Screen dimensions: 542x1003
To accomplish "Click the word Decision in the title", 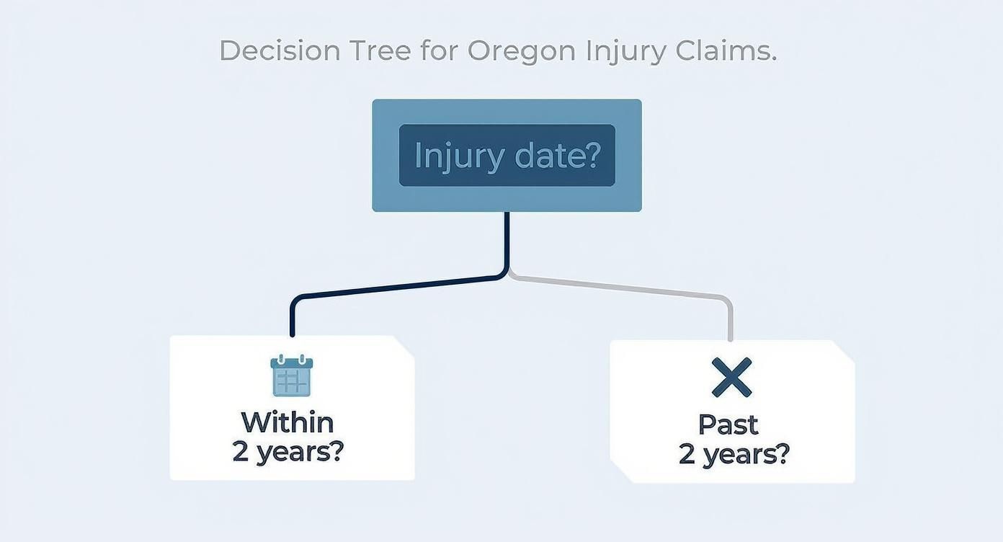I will tap(280, 50).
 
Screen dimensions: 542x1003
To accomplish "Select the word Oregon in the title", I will tap(522, 50).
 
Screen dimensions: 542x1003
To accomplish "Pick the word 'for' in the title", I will tap(440, 50).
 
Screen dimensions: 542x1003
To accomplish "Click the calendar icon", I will tap(292, 376).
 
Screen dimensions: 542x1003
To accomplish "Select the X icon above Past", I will tap(731, 377).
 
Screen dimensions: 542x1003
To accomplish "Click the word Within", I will tap(287, 422).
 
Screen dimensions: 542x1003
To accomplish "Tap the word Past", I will tap(728, 425).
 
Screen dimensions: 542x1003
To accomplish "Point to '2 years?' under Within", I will tap(288, 452).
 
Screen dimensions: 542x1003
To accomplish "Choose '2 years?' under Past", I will tap(734, 455).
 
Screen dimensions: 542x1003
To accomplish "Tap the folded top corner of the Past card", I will tap(844, 350).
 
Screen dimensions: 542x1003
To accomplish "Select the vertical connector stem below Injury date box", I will tap(507, 241).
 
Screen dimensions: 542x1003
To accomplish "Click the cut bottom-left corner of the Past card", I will tap(620, 473).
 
